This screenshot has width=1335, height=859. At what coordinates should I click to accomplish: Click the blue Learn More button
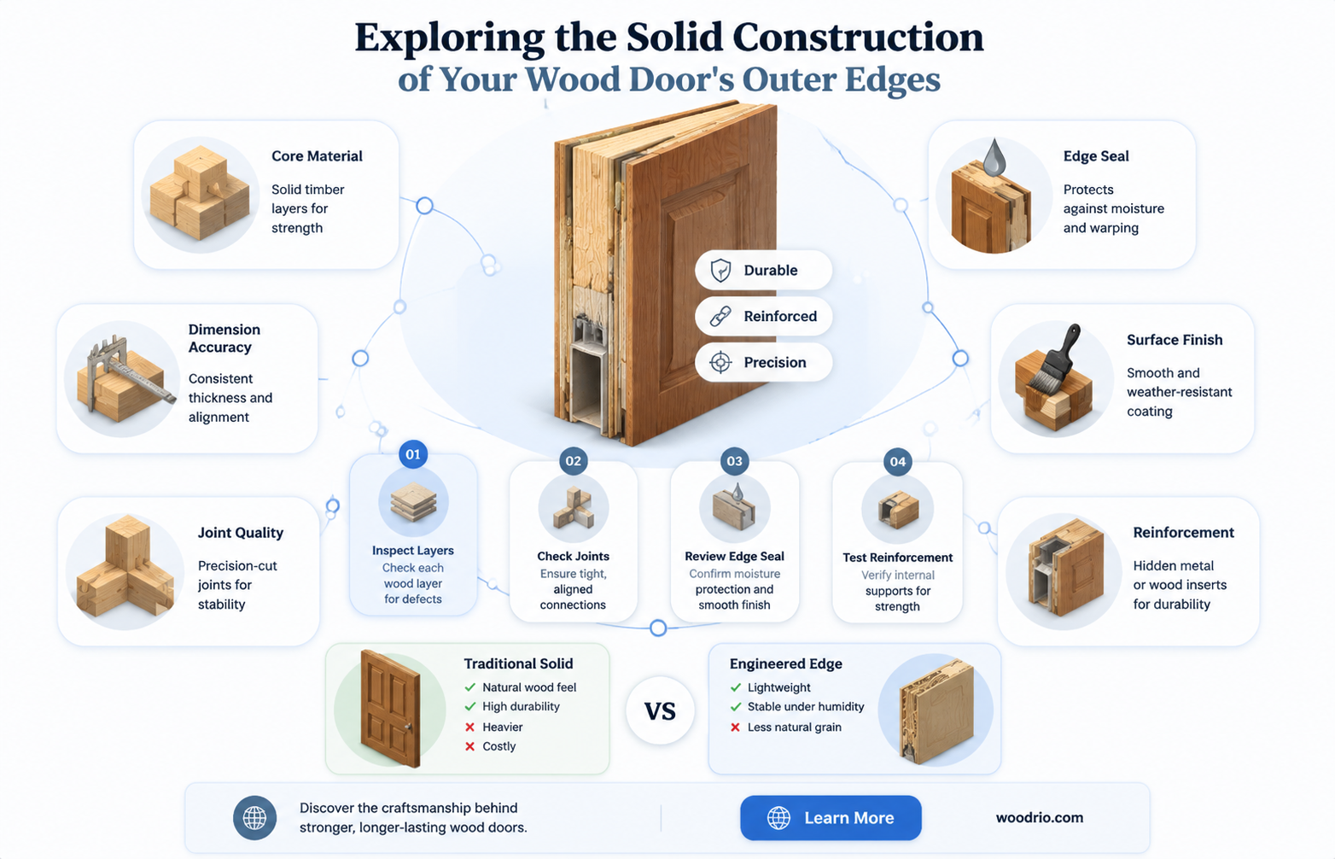click(x=831, y=818)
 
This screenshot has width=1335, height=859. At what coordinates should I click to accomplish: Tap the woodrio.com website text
click(x=1040, y=818)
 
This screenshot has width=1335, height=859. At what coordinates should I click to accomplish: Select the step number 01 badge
click(x=413, y=454)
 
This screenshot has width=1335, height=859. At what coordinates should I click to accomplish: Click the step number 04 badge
click(x=898, y=461)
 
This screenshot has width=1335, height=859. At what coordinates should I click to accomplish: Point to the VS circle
click(x=661, y=711)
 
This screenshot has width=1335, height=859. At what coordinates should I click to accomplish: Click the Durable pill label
click(x=763, y=270)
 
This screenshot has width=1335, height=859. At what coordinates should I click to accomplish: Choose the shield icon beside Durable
click(x=720, y=270)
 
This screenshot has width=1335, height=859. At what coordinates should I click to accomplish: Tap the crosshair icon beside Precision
click(x=720, y=362)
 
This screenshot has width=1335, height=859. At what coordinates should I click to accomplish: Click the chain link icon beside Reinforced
click(x=720, y=316)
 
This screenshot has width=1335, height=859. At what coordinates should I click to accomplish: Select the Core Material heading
click(x=317, y=156)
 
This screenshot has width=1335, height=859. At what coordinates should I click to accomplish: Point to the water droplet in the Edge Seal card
click(x=994, y=157)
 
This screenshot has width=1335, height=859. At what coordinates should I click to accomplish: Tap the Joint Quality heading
click(x=240, y=532)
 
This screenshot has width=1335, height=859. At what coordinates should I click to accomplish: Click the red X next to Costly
click(x=469, y=746)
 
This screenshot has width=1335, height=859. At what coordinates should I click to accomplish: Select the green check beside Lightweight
click(x=736, y=687)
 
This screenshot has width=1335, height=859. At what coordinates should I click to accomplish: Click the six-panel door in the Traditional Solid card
click(x=390, y=708)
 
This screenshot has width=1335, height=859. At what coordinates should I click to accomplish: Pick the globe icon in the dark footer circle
click(x=254, y=818)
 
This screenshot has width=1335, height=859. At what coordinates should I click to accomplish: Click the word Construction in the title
click(x=858, y=37)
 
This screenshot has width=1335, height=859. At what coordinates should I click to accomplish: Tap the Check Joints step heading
click(x=574, y=556)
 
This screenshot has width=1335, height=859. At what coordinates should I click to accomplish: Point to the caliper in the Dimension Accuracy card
click(x=122, y=372)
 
